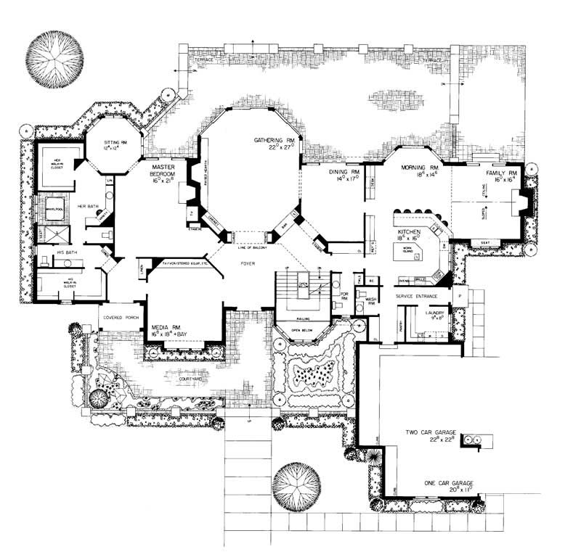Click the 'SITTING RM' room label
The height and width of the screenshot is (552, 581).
pyautogui.click(x=115, y=141)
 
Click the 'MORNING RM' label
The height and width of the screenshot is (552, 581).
pyautogui.click(x=416, y=168)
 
